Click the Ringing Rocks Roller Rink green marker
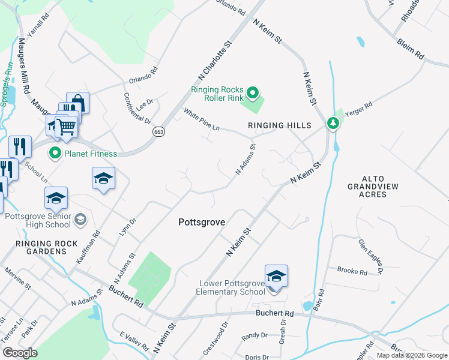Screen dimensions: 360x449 253,93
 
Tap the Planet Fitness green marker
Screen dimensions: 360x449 55,154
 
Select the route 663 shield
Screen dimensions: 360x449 158,131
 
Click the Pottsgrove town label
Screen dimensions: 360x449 202,222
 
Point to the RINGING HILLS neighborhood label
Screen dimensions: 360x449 280,125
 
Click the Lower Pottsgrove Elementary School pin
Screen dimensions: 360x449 276,277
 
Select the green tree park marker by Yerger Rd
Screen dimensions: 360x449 333,123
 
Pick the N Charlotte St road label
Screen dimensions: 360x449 214,61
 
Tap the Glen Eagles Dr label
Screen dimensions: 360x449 370,254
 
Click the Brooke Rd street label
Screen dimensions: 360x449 352,271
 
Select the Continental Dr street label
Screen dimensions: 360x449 137,108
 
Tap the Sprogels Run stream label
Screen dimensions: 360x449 6,85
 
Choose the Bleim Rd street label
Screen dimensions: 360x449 410,50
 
